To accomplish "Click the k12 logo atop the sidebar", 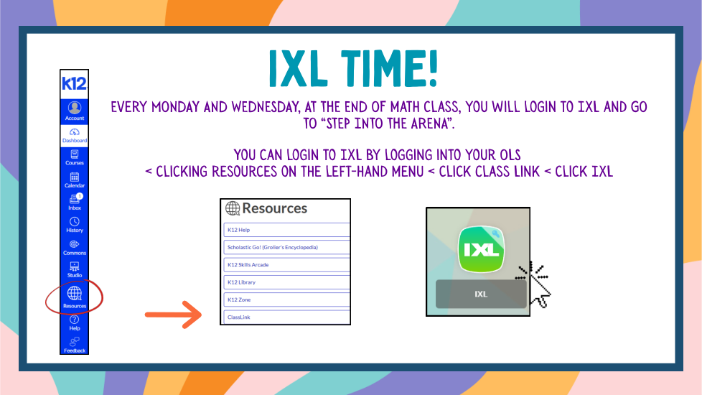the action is [75, 84].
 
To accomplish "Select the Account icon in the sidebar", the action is [75, 108].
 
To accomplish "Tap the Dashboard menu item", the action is [75, 135].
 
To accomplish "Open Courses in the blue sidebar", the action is [75, 158].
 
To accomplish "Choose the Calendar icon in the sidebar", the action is [75, 177].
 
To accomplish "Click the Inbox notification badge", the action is [80, 196].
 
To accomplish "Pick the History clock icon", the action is [75, 221].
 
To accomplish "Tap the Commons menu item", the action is [75, 248].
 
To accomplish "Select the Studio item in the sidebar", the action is [75, 270].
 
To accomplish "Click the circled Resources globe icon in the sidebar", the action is [75, 293].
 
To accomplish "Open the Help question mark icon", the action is [75, 320].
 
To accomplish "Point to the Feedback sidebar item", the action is [75, 345].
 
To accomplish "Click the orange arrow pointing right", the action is [173, 315].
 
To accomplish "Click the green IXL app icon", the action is [481, 249].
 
